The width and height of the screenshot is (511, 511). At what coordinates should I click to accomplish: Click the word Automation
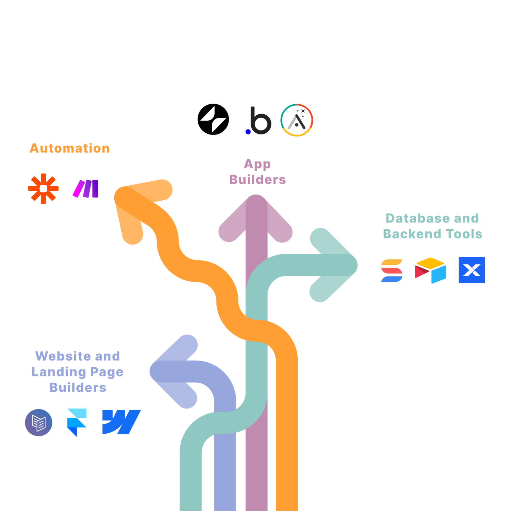coord(70,148)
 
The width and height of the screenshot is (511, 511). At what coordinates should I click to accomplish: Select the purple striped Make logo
coord(85,188)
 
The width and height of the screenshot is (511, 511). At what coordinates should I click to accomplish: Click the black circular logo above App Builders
coord(213,119)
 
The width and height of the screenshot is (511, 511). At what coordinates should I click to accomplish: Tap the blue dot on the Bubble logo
coord(248,132)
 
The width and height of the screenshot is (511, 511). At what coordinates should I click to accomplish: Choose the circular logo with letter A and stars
coord(297,120)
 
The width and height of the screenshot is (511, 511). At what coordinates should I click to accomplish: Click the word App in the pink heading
coord(257,164)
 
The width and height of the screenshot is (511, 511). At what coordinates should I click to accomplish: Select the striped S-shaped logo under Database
coord(392,270)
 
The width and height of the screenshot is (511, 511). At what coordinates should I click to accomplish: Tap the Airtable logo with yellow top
coord(430,270)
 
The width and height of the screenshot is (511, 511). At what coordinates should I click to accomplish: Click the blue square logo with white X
coord(472,270)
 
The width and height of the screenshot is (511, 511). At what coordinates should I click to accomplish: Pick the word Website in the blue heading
coord(63,356)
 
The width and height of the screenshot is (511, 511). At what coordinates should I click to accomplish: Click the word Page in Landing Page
coord(106,372)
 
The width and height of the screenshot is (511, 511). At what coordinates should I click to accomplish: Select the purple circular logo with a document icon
coord(39,423)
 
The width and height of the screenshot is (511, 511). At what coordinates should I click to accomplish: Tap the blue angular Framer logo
coord(77,423)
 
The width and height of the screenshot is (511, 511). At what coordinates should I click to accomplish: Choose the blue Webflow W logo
coord(121,422)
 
